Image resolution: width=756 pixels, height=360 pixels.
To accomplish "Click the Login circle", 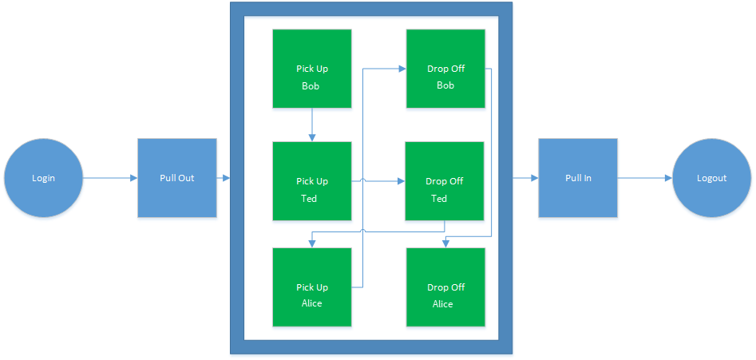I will [x=43, y=178].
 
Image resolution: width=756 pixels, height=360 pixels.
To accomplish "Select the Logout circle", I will [x=711, y=178].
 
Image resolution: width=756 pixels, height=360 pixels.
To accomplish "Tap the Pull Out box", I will [x=176, y=178].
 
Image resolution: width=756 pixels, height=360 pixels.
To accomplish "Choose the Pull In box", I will [x=577, y=178].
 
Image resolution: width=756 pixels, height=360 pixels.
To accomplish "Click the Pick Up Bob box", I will [x=311, y=69].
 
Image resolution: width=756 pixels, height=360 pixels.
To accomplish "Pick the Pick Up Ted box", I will [x=311, y=181].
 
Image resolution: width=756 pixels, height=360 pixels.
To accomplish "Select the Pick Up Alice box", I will [x=311, y=287].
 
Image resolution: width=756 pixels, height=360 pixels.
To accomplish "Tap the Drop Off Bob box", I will [x=445, y=69].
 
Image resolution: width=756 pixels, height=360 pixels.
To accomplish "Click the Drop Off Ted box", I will [x=445, y=181].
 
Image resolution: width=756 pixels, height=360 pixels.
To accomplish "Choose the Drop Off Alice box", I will [x=445, y=287].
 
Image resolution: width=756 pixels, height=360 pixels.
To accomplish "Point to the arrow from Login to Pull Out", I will [x=110, y=178].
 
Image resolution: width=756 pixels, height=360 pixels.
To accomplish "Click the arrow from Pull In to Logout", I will [x=644, y=178].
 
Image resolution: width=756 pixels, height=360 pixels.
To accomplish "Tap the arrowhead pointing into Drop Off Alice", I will [x=445, y=243].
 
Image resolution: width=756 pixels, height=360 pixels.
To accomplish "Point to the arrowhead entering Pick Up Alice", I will [x=311, y=243].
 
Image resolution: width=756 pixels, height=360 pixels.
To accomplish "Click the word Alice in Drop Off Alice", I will [x=443, y=304].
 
